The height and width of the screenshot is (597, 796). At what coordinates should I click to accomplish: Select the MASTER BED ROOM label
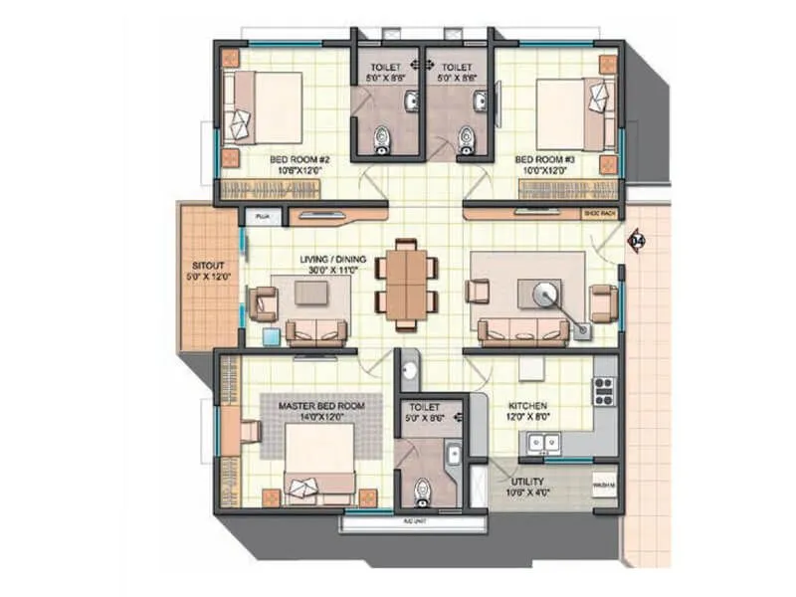pyautogui.click(x=321, y=407)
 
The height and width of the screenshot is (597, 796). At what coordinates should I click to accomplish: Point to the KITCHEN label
pyautogui.click(x=527, y=407)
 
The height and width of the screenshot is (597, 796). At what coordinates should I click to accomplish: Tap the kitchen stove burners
pyautogui.click(x=603, y=393)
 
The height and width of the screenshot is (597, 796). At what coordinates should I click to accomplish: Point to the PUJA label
pyautogui.click(x=263, y=215)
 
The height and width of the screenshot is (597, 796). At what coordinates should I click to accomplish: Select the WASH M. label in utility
pyautogui.click(x=603, y=487)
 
